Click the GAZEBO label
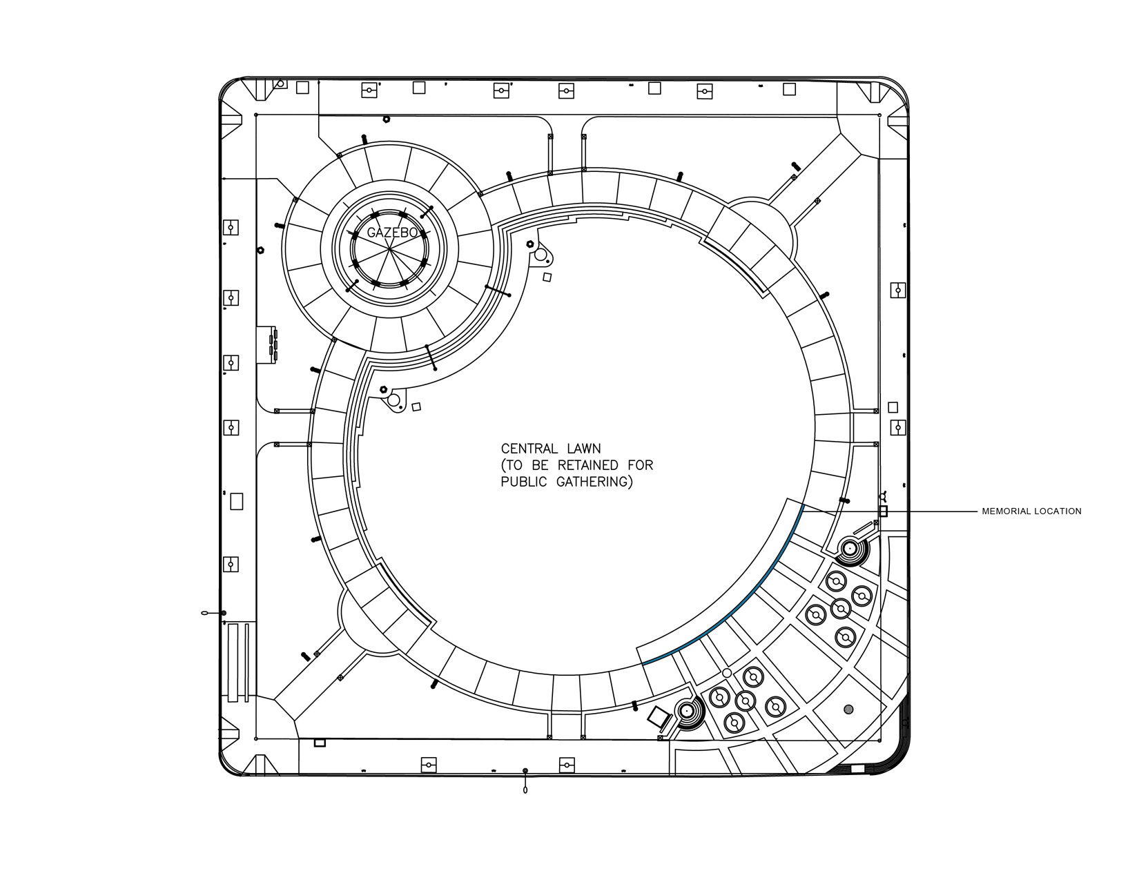[392, 233]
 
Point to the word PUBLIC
[524, 482]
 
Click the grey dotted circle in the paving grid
[848, 709]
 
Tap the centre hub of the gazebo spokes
[389, 250]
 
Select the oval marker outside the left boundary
[205, 613]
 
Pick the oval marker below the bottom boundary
[525, 790]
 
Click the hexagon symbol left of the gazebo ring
[260, 251]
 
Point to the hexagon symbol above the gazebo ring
[387, 119]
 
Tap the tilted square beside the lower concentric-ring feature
[659, 717]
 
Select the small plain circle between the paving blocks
[726, 673]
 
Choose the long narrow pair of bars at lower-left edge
[237, 663]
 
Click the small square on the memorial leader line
[883, 511]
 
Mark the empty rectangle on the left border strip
[237, 502]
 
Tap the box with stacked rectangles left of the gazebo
[266, 345]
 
